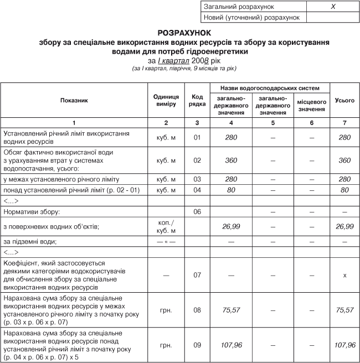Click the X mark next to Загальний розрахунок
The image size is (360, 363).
tap(333, 7)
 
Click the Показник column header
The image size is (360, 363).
tap(74, 100)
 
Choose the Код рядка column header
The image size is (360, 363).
tap(197, 100)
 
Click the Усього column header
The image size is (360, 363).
tap(344, 100)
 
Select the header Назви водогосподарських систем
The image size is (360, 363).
tap(270, 87)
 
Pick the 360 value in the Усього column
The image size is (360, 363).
tap(344, 160)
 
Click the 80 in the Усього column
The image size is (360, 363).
tap(344, 190)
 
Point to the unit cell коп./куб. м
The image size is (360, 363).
tap(166, 226)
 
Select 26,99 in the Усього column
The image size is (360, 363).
tap(344, 226)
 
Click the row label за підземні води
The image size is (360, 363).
tap(30, 241)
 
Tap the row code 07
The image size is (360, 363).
tap(197, 275)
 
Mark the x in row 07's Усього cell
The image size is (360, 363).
tap(344, 275)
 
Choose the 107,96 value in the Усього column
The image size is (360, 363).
tap(344, 345)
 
